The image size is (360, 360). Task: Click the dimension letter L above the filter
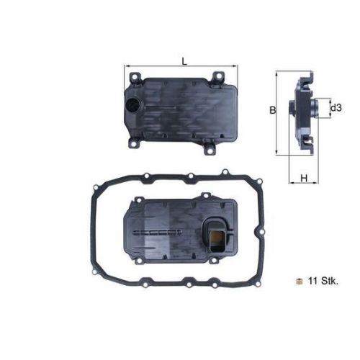coord(185,61)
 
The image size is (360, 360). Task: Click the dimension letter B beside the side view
coord(272,110)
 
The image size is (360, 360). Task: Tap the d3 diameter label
coord(335,109)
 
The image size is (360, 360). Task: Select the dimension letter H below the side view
coord(304,178)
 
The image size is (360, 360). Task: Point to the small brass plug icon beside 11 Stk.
coord(295,279)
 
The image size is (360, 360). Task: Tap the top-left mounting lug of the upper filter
coord(134,76)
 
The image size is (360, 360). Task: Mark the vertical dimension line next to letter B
coord(278,112)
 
